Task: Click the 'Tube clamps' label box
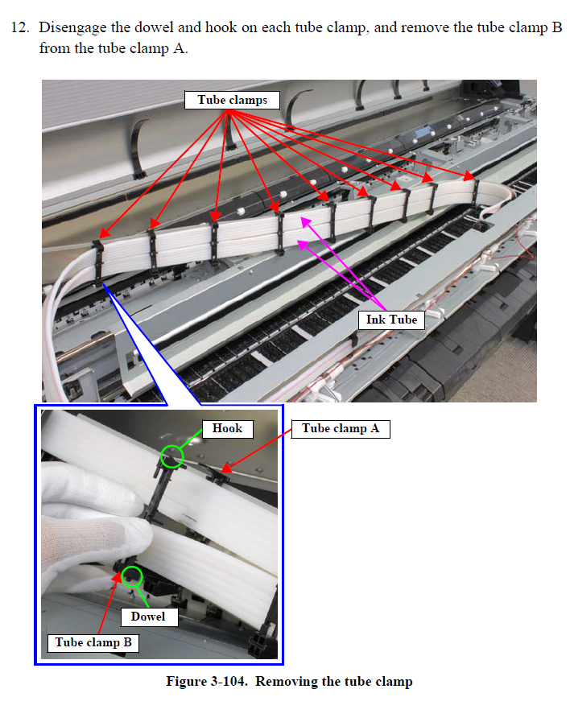coord(232,100)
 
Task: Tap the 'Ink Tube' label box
coord(391,320)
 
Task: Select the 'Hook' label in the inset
coord(228,429)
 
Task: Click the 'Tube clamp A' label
coord(341,429)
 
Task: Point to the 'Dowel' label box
coord(149,617)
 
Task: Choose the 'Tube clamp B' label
coord(93,642)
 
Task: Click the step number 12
coord(20,27)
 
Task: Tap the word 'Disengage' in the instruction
coord(72,28)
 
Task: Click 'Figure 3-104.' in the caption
coord(207,681)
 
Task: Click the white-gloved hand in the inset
coord(92,525)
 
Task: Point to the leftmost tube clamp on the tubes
coord(97,262)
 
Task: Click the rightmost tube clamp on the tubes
coord(475,192)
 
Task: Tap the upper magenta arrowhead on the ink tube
coord(306,222)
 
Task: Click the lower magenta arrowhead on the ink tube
coord(303,245)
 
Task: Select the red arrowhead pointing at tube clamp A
coord(225,468)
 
